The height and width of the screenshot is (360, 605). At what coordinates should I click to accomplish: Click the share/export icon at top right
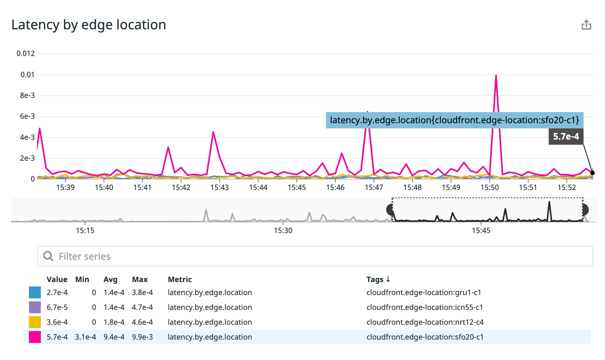586,25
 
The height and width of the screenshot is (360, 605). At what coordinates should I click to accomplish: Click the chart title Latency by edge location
89,25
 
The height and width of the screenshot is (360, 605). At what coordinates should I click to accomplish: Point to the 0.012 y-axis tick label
26,53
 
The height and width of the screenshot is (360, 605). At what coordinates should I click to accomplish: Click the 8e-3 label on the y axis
27,95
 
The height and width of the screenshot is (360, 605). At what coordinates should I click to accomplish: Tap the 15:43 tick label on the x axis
219,187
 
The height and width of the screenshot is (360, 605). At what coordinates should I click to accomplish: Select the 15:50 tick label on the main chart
489,187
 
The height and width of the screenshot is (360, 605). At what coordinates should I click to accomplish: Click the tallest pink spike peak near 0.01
496,76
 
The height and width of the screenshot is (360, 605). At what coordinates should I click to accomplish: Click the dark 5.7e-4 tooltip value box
566,137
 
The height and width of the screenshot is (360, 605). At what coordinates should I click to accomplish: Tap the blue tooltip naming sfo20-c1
454,120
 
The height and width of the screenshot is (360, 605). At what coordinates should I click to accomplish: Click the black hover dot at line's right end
592,173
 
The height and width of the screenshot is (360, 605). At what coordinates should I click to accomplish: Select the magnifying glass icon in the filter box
48,256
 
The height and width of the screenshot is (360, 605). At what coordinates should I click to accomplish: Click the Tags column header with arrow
378,279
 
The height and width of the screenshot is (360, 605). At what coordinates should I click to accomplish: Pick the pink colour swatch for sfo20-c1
35,337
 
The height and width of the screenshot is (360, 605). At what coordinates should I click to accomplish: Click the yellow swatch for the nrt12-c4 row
35,322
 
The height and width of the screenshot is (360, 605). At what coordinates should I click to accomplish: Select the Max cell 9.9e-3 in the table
142,337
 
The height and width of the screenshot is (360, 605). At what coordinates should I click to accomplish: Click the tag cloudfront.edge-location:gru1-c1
423,292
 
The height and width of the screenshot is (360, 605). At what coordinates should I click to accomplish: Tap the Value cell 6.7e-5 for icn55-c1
57,307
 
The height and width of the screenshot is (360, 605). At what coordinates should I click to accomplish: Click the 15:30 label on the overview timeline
283,230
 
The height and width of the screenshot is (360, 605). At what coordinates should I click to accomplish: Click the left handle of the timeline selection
390,210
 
